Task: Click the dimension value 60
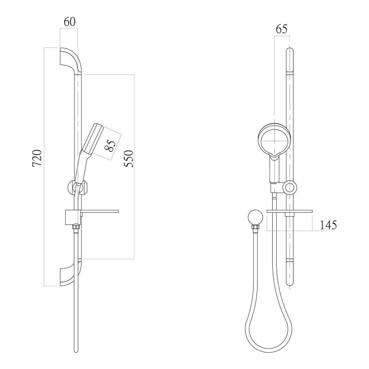point(69,22)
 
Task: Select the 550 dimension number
point(128,159)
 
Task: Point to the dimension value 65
point(281,29)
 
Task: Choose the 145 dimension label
point(328,225)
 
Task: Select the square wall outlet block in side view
point(73,217)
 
